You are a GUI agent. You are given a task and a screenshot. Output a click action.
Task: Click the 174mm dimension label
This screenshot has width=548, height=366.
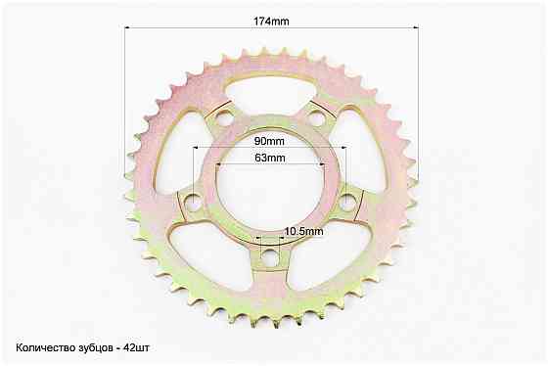tap(271, 22)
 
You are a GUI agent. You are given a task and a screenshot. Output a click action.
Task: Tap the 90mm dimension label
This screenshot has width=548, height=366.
tap(269, 141)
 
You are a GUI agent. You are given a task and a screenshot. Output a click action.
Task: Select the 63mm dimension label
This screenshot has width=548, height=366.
tap(270, 158)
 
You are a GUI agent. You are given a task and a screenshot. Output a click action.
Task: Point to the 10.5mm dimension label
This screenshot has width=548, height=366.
tap(303, 231)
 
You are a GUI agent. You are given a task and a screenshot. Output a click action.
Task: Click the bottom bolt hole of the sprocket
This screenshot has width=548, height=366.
tap(270, 257)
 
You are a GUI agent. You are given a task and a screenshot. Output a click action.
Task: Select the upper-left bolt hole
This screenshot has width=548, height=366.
tap(224, 118)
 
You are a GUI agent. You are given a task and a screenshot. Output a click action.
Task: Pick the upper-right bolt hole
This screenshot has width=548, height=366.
tap(317, 118)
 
